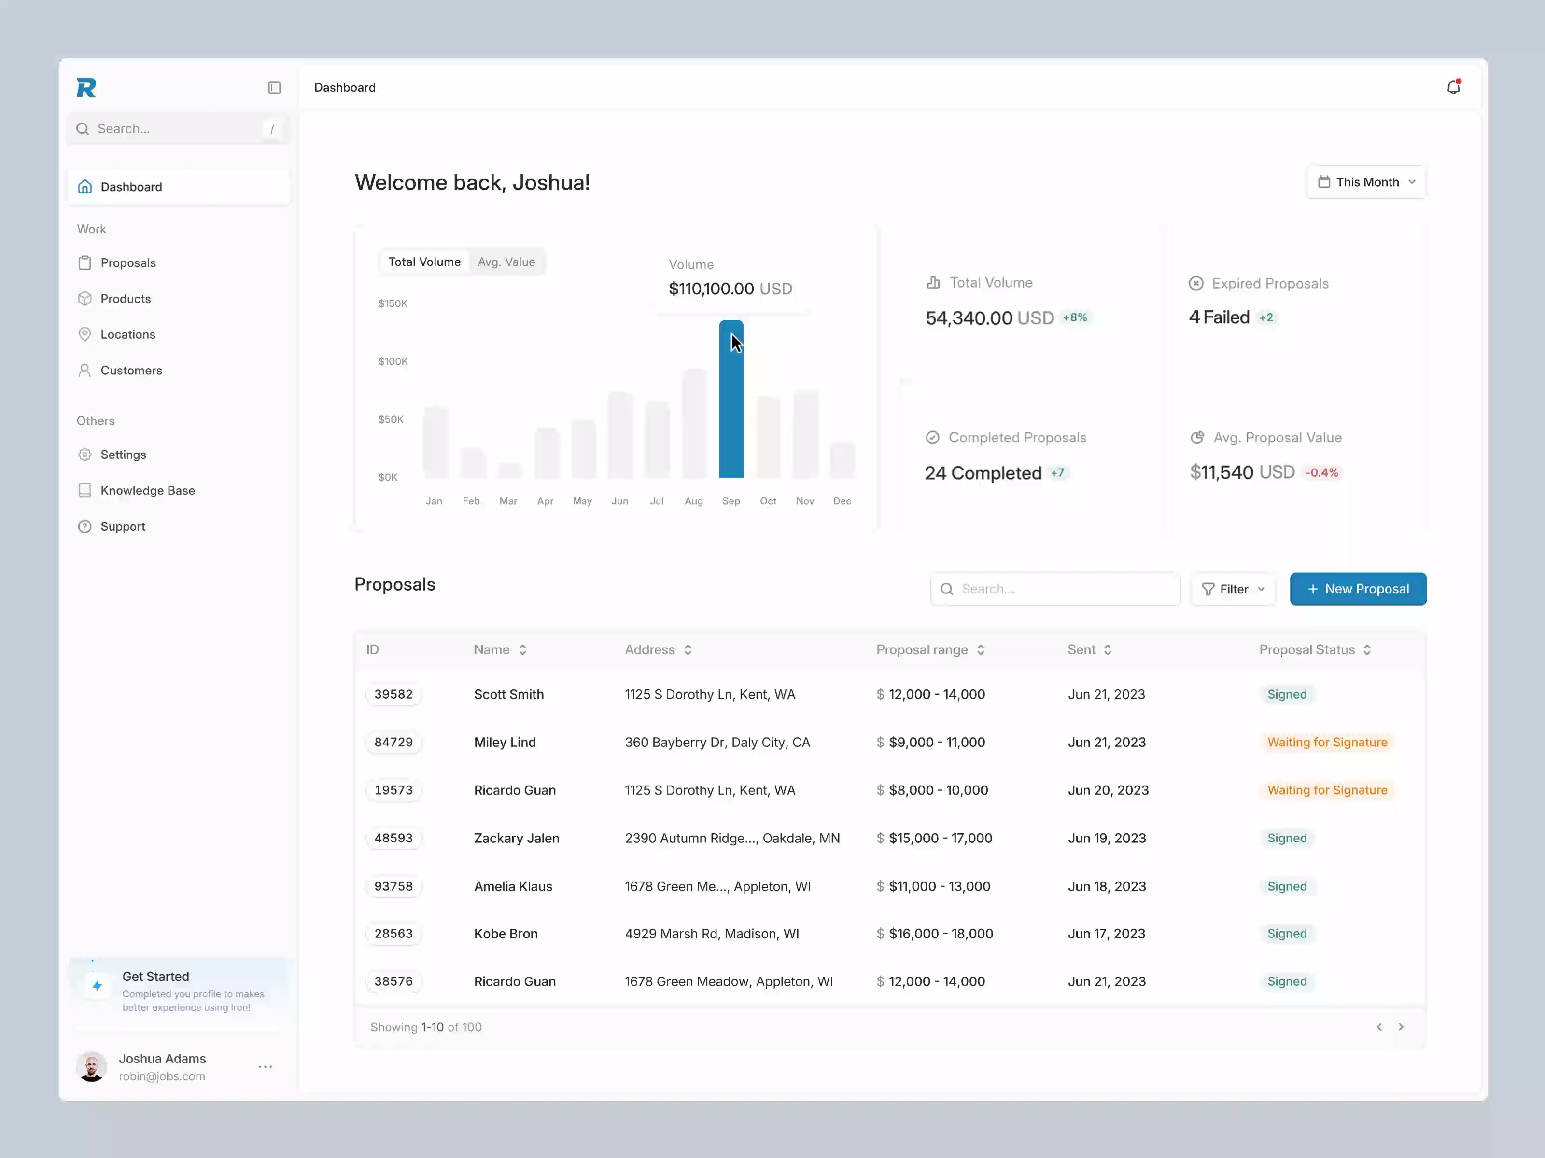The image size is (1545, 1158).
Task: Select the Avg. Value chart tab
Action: tap(506, 262)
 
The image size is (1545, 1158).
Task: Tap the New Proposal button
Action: tap(1357, 589)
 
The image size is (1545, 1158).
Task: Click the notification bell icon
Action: tap(1453, 87)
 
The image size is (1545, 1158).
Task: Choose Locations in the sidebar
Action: tap(128, 334)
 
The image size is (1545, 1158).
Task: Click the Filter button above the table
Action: tap(1233, 589)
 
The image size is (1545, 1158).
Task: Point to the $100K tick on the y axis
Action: tap(393, 361)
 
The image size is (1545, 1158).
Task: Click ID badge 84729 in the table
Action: tap(393, 742)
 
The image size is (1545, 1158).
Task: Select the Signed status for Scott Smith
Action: tap(1287, 694)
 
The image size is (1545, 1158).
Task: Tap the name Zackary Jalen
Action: tap(516, 838)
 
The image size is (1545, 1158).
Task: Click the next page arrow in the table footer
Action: tap(1401, 1027)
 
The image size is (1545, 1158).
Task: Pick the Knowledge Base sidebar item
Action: tap(147, 491)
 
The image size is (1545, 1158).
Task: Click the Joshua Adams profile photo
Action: tap(92, 1066)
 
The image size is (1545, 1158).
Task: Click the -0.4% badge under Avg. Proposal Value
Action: tap(1321, 472)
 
